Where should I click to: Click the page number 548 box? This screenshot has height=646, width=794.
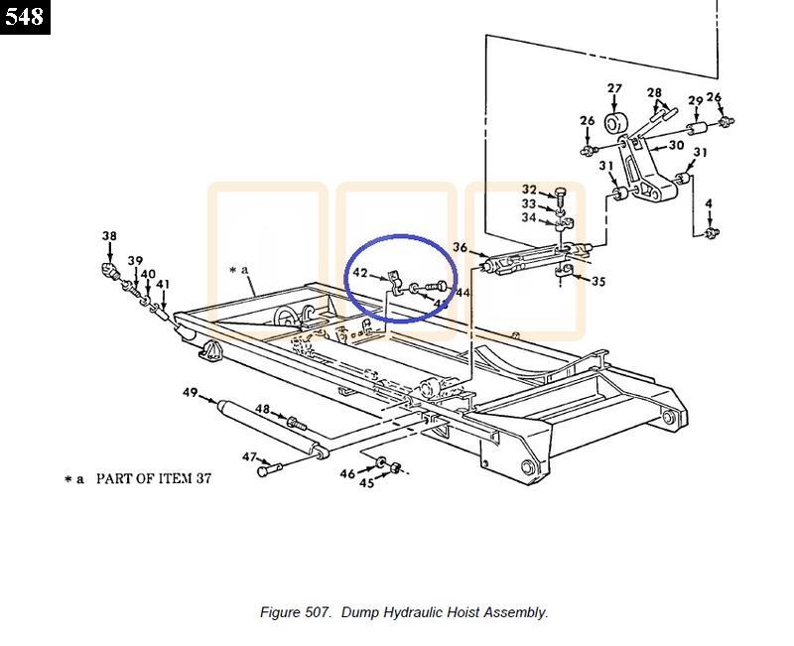(25, 17)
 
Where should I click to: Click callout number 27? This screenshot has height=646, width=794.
(614, 89)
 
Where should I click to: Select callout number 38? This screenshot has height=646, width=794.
(109, 236)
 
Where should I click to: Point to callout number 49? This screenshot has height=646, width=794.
(191, 393)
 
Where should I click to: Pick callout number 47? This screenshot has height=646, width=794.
(249, 457)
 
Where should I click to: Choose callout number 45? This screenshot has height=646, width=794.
(366, 483)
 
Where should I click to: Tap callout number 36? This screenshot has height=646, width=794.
(460, 248)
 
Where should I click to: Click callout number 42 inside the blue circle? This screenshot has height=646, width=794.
(360, 273)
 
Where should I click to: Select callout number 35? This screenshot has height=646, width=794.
(597, 282)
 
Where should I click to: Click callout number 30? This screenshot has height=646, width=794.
(676, 145)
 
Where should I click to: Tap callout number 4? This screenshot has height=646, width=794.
(709, 203)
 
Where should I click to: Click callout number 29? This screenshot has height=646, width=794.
(695, 102)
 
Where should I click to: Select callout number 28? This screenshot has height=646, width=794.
(654, 93)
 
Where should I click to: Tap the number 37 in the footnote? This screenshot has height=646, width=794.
(202, 478)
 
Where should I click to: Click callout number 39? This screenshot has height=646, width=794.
(135, 262)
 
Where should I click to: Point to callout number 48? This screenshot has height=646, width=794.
(262, 409)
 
